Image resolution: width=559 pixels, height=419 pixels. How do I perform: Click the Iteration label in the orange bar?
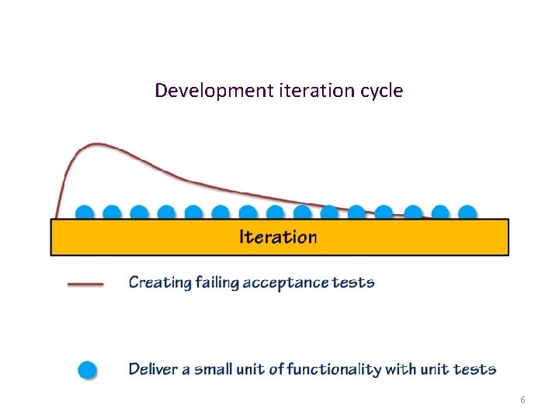tap(278, 237)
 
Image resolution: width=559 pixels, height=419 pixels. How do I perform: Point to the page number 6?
tap(523, 399)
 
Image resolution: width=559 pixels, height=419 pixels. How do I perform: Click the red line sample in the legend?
tap(86, 284)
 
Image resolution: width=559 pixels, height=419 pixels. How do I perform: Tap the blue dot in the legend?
tap(88, 369)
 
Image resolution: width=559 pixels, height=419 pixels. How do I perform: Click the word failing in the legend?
tap(215, 282)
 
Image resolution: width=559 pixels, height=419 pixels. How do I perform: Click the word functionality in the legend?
tap(333, 369)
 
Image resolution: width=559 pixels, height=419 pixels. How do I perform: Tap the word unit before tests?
tap(444, 369)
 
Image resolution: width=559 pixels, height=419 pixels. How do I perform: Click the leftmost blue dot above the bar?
tap(85, 212)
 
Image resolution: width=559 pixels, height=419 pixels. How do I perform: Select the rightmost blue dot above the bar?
tap(467, 212)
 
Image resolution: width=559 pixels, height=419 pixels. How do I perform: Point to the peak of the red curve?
tap(95, 144)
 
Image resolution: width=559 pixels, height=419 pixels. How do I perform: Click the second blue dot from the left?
tap(112, 212)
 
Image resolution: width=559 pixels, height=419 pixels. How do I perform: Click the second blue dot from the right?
tap(440, 212)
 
